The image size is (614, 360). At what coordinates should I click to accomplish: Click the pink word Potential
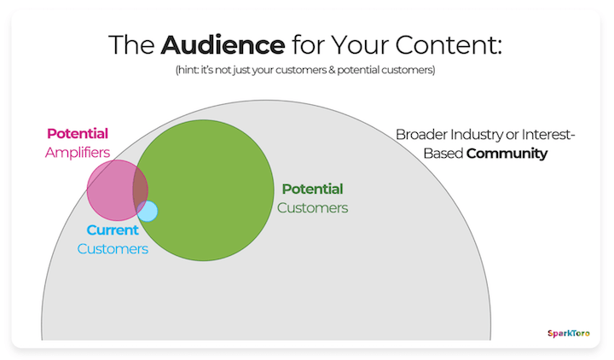click(78, 134)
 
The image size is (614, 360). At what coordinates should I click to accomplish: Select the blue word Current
click(113, 231)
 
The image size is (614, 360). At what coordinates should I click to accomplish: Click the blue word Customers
click(113, 249)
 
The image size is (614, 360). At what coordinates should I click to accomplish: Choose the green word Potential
click(312, 189)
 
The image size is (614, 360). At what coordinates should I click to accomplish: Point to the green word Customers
click(312, 207)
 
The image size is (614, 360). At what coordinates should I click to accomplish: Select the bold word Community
click(507, 154)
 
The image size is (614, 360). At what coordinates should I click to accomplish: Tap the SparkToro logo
click(568, 334)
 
